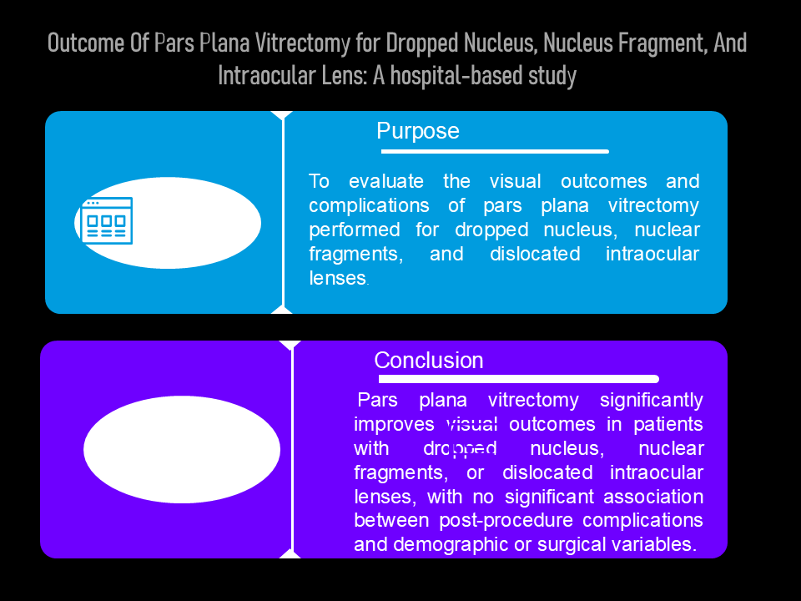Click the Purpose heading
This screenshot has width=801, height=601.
[x=418, y=131]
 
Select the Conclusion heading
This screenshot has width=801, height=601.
[x=429, y=361]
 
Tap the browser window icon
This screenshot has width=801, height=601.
[x=107, y=220]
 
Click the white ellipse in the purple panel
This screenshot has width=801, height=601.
[x=182, y=450]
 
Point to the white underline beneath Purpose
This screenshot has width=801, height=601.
[x=495, y=151]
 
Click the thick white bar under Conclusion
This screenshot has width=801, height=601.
[x=518, y=379]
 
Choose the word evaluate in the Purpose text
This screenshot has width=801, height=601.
[x=386, y=181]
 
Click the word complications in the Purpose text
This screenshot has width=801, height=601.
[x=369, y=206]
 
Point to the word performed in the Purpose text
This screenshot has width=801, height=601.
[x=355, y=230]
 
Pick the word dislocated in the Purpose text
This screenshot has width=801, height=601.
[x=535, y=254]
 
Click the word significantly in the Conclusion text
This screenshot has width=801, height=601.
[x=652, y=400]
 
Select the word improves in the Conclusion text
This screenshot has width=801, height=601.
[x=394, y=424]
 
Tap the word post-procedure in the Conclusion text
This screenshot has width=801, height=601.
[x=506, y=520]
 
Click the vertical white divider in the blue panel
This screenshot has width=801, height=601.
[x=283, y=213]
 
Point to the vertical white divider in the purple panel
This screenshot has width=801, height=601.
[x=292, y=450]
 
